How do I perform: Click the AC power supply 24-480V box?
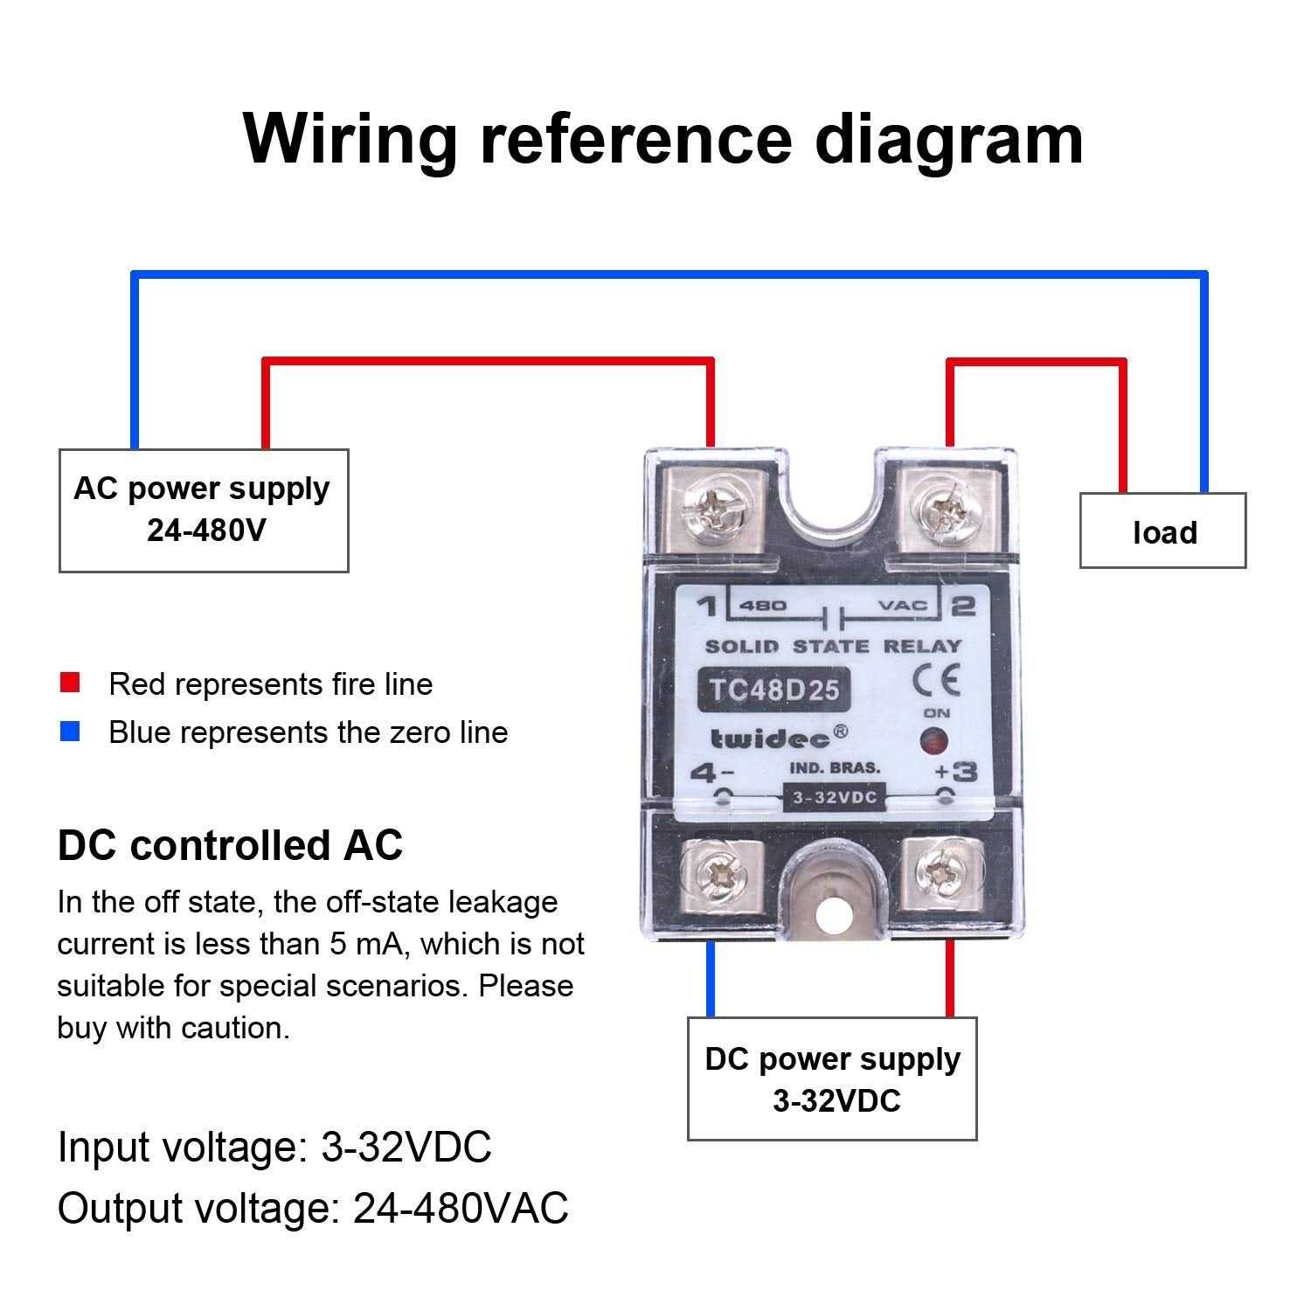click(204, 510)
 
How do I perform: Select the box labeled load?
click(1162, 531)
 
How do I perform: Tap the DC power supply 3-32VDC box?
click(832, 1079)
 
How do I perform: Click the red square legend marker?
click(70, 683)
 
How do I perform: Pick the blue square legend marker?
click(70, 732)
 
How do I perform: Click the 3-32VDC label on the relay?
click(834, 797)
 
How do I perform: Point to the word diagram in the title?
click(948, 140)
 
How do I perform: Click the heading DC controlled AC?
click(230, 845)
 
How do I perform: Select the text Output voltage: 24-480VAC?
click(313, 1208)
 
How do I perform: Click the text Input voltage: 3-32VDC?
click(274, 1147)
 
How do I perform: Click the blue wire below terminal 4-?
click(711, 979)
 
